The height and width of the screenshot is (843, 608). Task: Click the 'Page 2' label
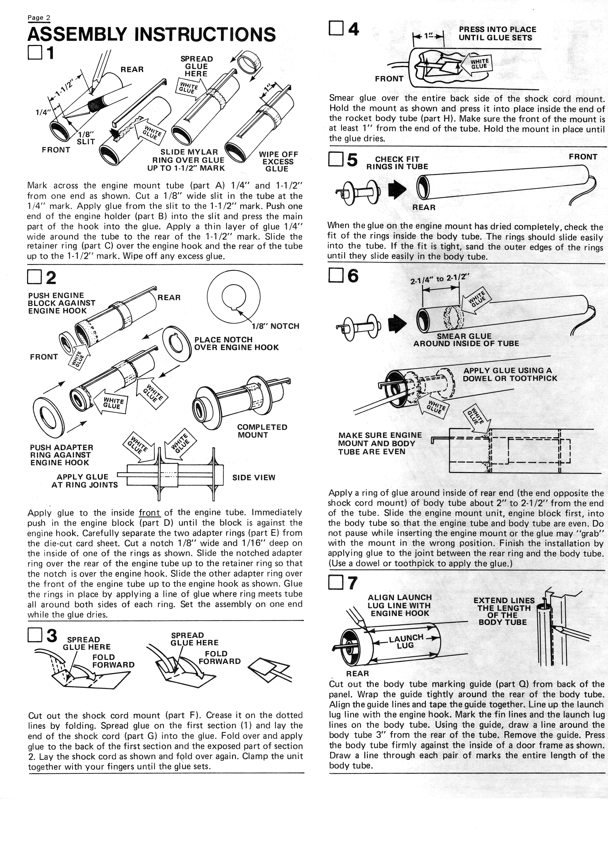point(39,18)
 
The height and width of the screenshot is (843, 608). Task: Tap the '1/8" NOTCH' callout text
point(275,326)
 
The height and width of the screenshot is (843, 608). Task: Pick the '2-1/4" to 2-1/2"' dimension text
point(440,278)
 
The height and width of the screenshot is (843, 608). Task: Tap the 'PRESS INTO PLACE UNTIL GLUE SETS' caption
point(497,34)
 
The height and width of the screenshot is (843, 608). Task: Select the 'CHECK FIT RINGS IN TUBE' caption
point(397,163)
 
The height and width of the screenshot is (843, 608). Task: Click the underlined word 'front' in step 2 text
point(150,513)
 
